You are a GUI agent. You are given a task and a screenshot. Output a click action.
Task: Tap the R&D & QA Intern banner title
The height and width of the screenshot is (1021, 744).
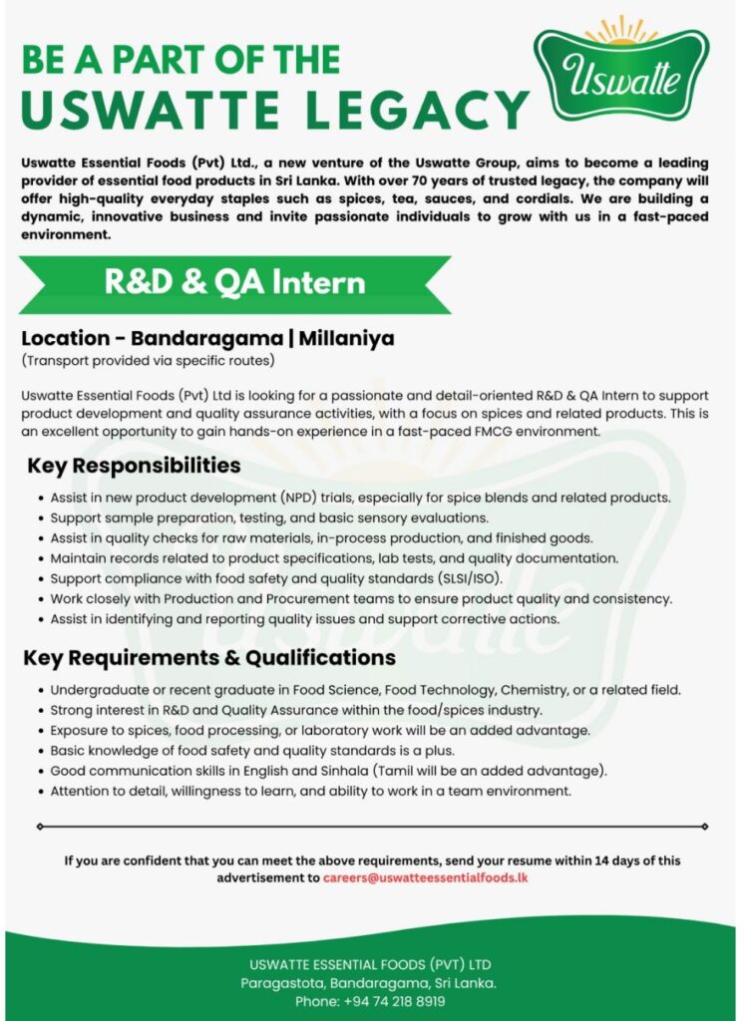pos(235,283)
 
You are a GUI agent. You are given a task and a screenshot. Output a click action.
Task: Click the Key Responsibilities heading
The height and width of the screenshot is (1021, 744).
pos(134,466)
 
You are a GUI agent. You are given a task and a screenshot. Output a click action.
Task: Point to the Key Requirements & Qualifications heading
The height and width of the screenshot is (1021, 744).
pos(209,658)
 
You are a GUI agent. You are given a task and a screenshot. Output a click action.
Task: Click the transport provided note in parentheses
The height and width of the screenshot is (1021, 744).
pos(148,359)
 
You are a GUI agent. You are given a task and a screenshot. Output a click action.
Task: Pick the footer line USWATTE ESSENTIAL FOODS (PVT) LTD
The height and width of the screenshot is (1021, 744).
pos(370,965)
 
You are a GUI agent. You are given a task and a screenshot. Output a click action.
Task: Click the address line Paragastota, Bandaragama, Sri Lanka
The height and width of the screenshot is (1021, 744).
pos(369,983)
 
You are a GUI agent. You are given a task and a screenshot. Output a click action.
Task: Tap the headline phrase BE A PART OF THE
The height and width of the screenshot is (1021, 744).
pos(181,60)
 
